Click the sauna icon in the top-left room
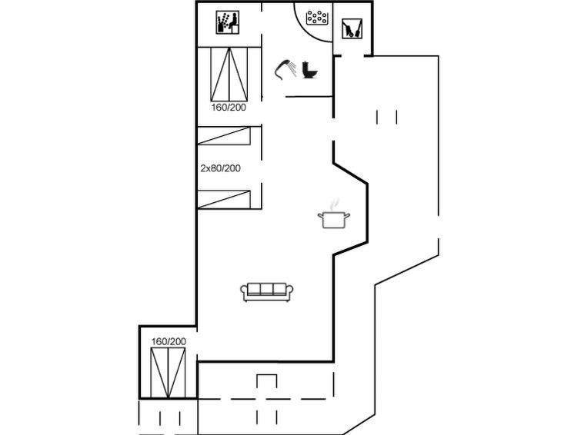pos(228,22)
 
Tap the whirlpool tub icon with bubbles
pos(317,18)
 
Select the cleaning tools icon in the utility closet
pos(352,28)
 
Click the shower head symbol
pos(285,69)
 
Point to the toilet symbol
pos(310,70)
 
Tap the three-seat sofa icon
pos(267,292)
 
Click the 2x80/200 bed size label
pos(220,168)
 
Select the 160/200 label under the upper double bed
pos(229,108)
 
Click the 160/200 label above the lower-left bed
pos(169,341)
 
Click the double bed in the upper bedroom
pos(229,75)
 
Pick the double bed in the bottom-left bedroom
pos(168,373)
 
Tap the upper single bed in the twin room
pos(224,135)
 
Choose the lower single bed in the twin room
pos(224,199)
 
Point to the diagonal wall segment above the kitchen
pos(351,172)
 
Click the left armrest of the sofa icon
pos(244,291)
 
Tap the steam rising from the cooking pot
pos(335,204)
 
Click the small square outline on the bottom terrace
pos(267,381)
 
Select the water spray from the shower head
pos(292,68)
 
